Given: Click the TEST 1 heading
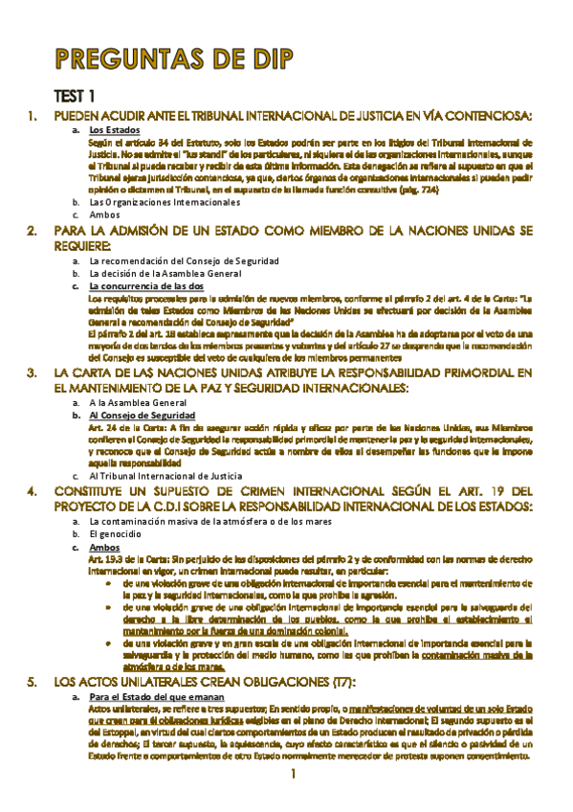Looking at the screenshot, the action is (x=74, y=96).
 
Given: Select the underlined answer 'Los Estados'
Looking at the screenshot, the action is (x=115, y=129).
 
